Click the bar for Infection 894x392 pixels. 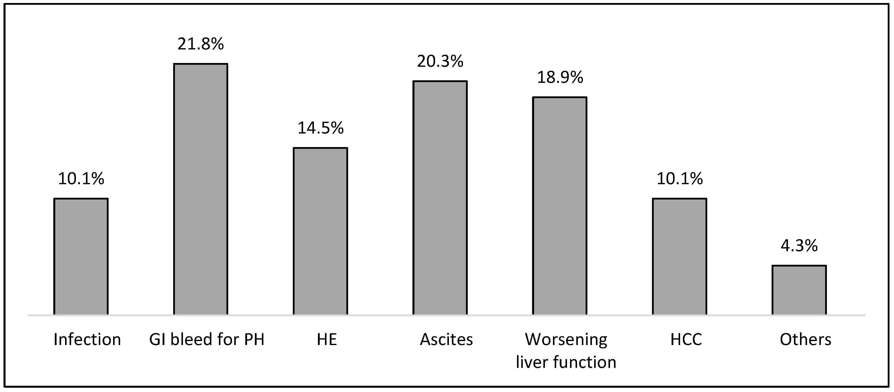[x=81, y=256]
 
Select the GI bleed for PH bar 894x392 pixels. [x=201, y=189]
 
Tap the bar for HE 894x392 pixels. [x=320, y=231]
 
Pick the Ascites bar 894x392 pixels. [x=440, y=198]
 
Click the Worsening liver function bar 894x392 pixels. [x=560, y=206]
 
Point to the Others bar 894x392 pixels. [x=799, y=290]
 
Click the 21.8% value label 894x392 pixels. [x=201, y=44]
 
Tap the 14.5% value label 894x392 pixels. [x=320, y=128]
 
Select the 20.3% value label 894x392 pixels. [x=440, y=61]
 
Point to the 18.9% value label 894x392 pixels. [x=560, y=77]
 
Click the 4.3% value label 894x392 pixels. [x=799, y=246]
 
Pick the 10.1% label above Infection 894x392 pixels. [x=81, y=179]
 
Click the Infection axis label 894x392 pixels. [x=87, y=339]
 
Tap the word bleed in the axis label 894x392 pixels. [x=190, y=339]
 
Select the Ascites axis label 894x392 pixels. [x=446, y=339]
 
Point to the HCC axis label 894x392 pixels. [x=686, y=339]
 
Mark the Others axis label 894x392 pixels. [x=806, y=339]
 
